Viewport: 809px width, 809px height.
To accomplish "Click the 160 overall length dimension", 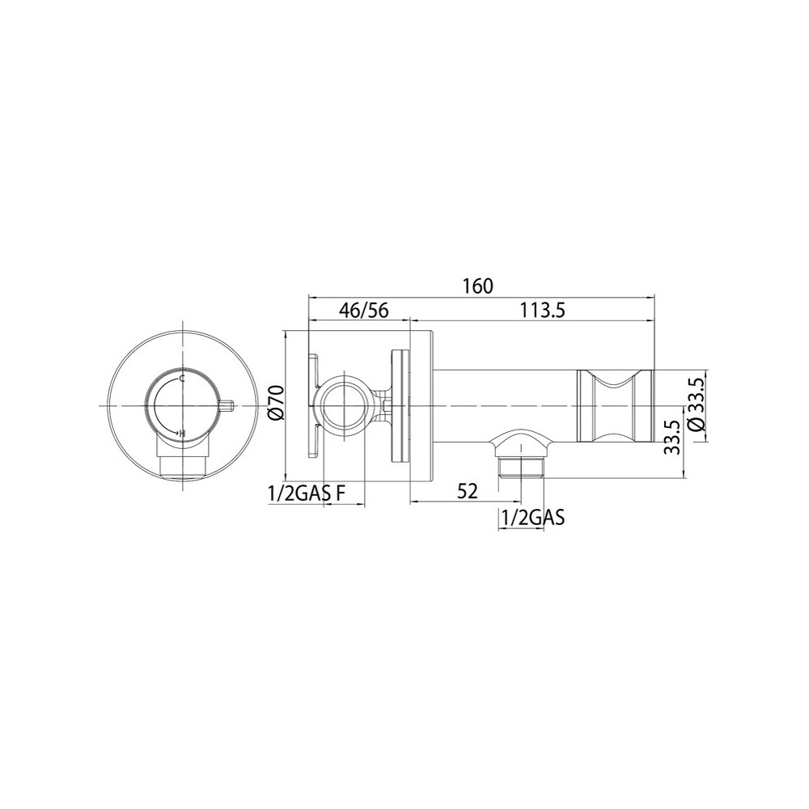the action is click(x=478, y=286).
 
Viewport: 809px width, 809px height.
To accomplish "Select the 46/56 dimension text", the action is click(x=364, y=311).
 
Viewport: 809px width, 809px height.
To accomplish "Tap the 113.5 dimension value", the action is click(x=542, y=311).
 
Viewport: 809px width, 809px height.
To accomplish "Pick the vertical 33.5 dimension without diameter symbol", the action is click(x=671, y=437).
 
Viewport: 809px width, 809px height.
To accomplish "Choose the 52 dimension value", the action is click(x=468, y=491).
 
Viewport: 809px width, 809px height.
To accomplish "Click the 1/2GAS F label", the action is click(x=307, y=494).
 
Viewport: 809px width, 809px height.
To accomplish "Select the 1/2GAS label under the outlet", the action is click(x=532, y=517).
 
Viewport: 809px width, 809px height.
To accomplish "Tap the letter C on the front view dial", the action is click(x=182, y=379).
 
